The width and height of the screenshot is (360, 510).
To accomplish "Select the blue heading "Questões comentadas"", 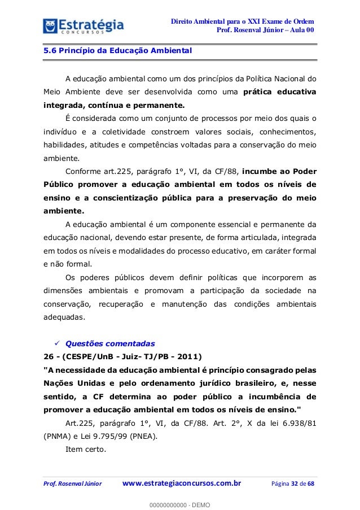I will click(x=107, y=342).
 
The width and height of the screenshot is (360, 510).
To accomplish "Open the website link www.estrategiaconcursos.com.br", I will click(x=182, y=483).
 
